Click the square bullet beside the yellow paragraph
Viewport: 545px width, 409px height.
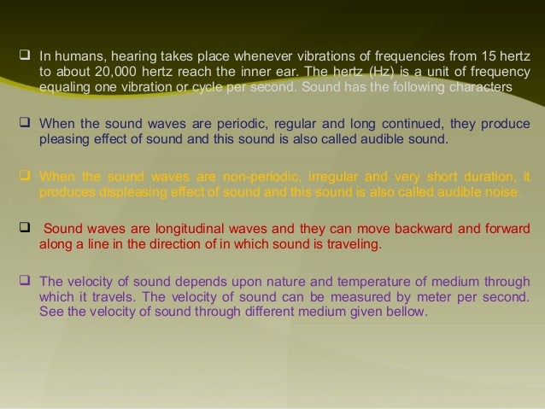(x=26, y=178)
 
